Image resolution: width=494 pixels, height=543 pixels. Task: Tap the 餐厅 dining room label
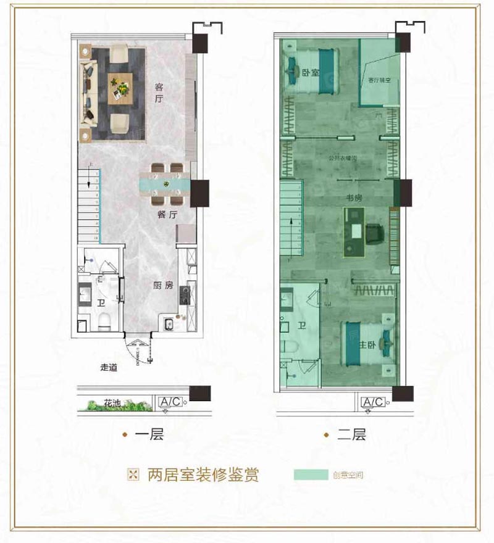tap(167, 215)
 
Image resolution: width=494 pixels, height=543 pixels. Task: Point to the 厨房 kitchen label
tap(162, 286)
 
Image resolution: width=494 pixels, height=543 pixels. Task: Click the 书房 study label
tap(353, 199)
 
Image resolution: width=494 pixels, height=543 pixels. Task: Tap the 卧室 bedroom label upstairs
tap(311, 73)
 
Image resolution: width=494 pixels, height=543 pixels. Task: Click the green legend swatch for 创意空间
tap(311, 475)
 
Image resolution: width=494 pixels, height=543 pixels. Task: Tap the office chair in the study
tap(375, 233)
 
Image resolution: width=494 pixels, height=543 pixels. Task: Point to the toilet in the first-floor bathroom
tap(104, 318)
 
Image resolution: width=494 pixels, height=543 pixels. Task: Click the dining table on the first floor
tap(165, 183)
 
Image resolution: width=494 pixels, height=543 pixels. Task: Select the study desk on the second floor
tap(354, 231)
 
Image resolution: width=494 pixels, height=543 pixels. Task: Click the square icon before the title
tap(132, 475)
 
